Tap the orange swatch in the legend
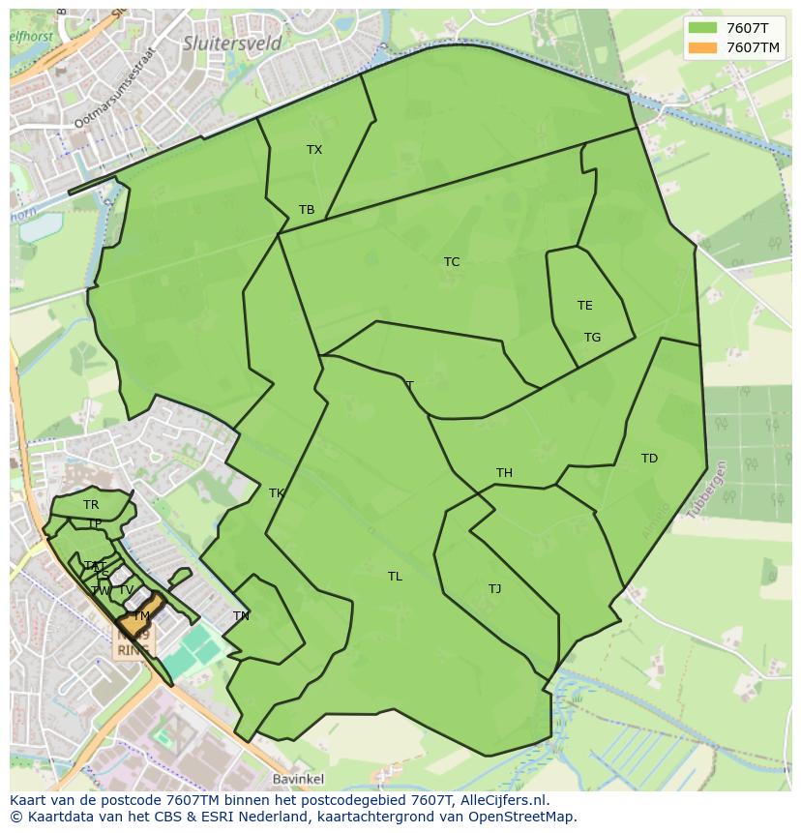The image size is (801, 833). pos(704,47)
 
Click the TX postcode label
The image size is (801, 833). pos(314,150)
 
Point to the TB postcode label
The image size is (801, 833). pos(307,210)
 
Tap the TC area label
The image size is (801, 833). pos(452,262)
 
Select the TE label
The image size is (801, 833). pos(585,306)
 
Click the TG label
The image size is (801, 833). pos(592,338)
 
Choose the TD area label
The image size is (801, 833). pos(649,459)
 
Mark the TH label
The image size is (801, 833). pos(504,473)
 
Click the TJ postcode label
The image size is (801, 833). pos(494,589)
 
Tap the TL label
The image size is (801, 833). pos(395,577)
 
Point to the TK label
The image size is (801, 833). pos(277,493)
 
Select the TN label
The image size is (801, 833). pos(241,616)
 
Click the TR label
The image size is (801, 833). pos(91,505)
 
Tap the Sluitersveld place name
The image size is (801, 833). pos(232,44)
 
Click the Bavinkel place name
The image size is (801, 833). pos(298,779)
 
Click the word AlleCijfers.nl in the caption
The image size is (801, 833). pos(503,800)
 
